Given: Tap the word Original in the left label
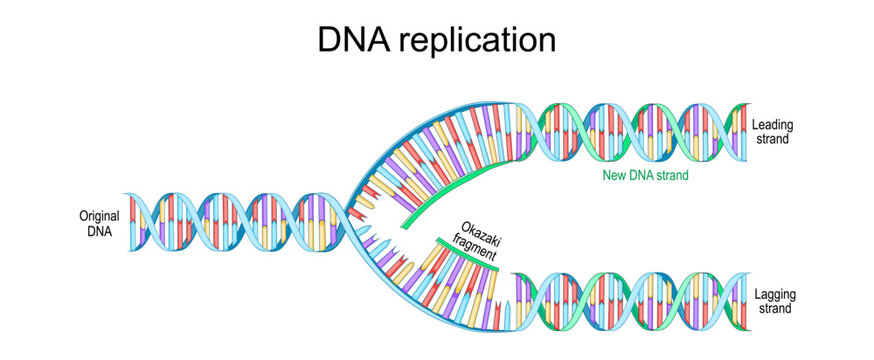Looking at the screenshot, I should pos(99,215).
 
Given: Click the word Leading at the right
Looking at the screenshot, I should pos(770,125).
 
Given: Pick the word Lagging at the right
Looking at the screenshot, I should pos(771,294).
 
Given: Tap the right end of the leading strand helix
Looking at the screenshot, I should pos(745,130).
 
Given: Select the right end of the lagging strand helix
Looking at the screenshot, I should pos(745,300).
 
